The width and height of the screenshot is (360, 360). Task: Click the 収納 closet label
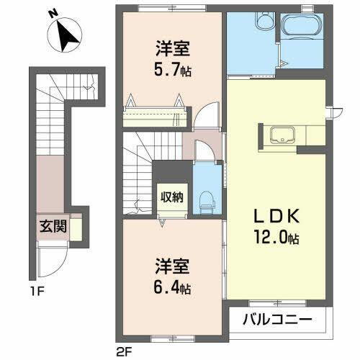(x=172, y=196)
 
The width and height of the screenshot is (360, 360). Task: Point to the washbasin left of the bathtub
(x=261, y=22)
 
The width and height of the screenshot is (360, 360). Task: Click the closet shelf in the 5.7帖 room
(x=155, y=114)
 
